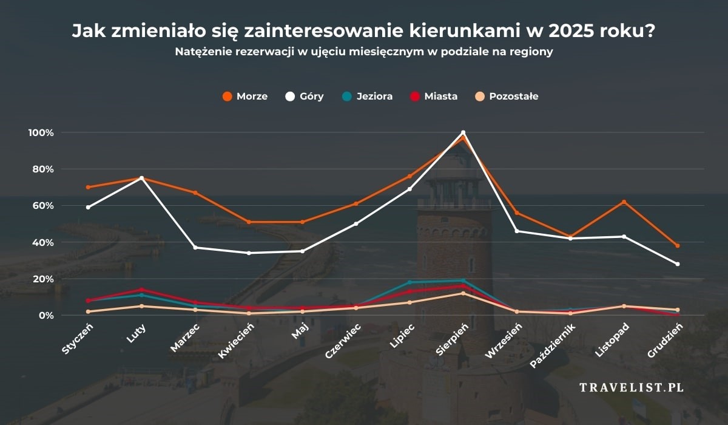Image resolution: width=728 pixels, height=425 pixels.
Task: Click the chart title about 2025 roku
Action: (x=363, y=31)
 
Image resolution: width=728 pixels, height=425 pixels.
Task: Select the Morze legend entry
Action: (x=244, y=96)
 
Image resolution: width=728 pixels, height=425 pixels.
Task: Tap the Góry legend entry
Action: (x=305, y=96)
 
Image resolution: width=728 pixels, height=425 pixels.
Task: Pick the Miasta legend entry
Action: (x=433, y=96)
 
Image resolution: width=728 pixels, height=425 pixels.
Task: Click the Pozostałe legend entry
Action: (x=507, y=96)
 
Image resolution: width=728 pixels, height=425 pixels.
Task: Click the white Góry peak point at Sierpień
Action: (x=463, y=132)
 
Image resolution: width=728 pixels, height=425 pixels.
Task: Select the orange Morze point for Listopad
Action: (x=624, y=202)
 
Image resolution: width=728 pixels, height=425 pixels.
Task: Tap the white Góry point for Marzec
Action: (x=195, y=248)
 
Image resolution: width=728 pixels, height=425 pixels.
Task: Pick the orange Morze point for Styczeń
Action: (x=88, y=187)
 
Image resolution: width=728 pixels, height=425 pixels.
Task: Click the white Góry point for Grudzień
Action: (x=678, y=264)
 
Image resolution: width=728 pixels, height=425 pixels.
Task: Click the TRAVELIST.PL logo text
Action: (x=632, y=387)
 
